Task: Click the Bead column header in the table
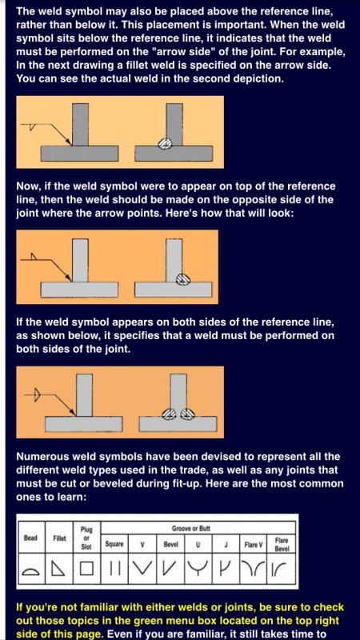30,538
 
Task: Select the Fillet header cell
59,538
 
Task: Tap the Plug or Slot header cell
86,538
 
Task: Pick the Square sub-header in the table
114,545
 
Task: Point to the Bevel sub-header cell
170,545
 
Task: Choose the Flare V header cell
254,545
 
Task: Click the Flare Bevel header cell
282,545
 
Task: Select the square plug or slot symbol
86,569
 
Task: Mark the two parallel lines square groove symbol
115,569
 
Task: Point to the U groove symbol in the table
198,568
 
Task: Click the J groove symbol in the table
226,568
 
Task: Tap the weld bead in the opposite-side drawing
183,278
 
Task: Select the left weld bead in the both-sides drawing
169,414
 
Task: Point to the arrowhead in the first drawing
70,142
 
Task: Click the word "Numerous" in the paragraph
38,456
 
